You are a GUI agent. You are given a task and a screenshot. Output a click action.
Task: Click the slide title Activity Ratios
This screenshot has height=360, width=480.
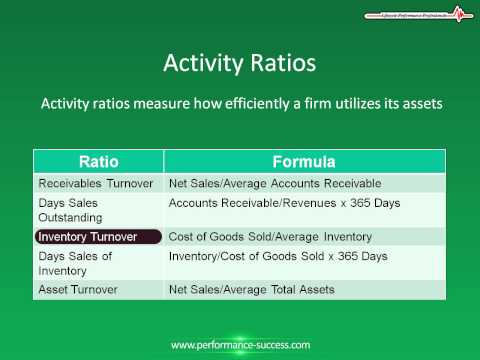[239, 63]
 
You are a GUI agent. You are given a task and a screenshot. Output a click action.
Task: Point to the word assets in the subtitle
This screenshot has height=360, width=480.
[417, 103]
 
